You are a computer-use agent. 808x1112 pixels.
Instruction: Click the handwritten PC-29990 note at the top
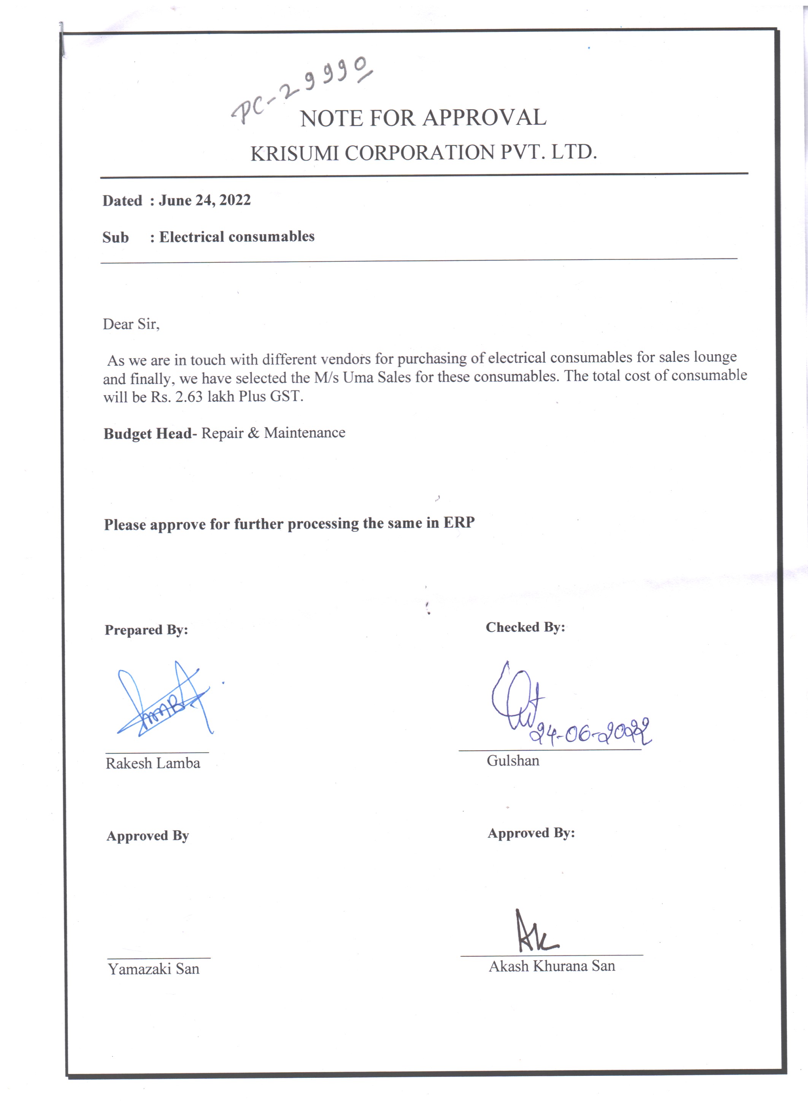302,91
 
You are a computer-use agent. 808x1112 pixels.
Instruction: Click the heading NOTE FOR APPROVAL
423,118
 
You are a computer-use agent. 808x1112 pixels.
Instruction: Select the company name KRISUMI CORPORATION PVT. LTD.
423,153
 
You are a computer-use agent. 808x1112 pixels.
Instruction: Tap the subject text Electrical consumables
237,237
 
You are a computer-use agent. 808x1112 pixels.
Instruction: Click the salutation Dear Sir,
131,324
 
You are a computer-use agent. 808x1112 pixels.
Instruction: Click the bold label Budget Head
148,433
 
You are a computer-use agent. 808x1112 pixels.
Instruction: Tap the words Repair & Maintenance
273,433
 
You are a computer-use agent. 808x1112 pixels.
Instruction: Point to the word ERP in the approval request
459,523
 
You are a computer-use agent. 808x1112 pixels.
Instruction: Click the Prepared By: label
146,630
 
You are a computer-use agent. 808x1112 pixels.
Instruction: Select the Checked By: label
525,627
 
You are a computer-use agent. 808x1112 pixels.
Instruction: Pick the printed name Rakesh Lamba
153,764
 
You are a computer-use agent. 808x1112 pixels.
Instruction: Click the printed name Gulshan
513,760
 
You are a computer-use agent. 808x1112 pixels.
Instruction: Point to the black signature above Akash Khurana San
535,932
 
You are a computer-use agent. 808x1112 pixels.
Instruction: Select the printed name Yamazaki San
153,969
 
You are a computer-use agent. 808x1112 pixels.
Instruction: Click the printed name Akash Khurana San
552,966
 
